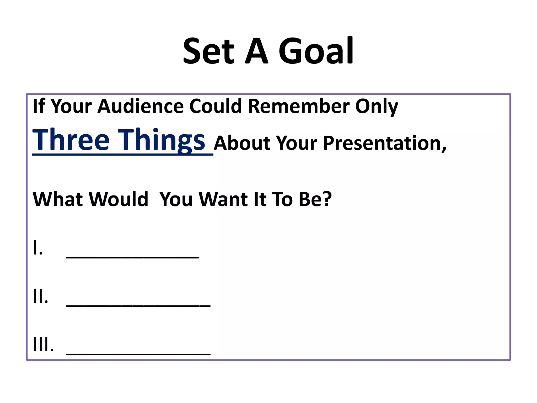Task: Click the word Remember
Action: [x=299, y=106]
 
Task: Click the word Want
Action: [x=223, y=199]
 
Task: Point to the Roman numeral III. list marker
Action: [x=44, y=344]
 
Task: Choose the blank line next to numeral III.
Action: [x=138, y=354]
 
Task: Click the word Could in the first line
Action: [x=215, y=106]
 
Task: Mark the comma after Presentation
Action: [x=444, y=150]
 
